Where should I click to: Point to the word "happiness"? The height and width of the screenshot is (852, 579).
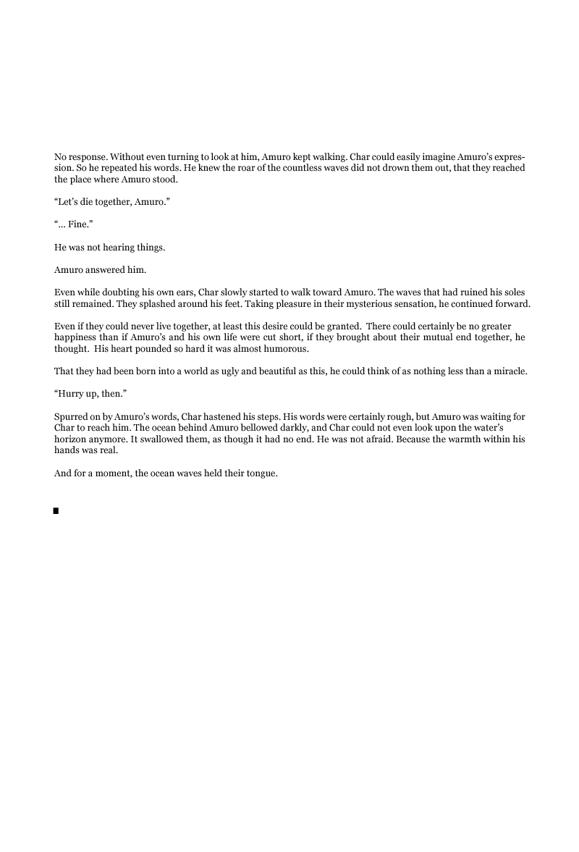coord(75,338)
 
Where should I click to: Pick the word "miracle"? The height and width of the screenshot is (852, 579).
coord(510,372)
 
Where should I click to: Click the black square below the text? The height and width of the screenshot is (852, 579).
coord(56,511)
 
